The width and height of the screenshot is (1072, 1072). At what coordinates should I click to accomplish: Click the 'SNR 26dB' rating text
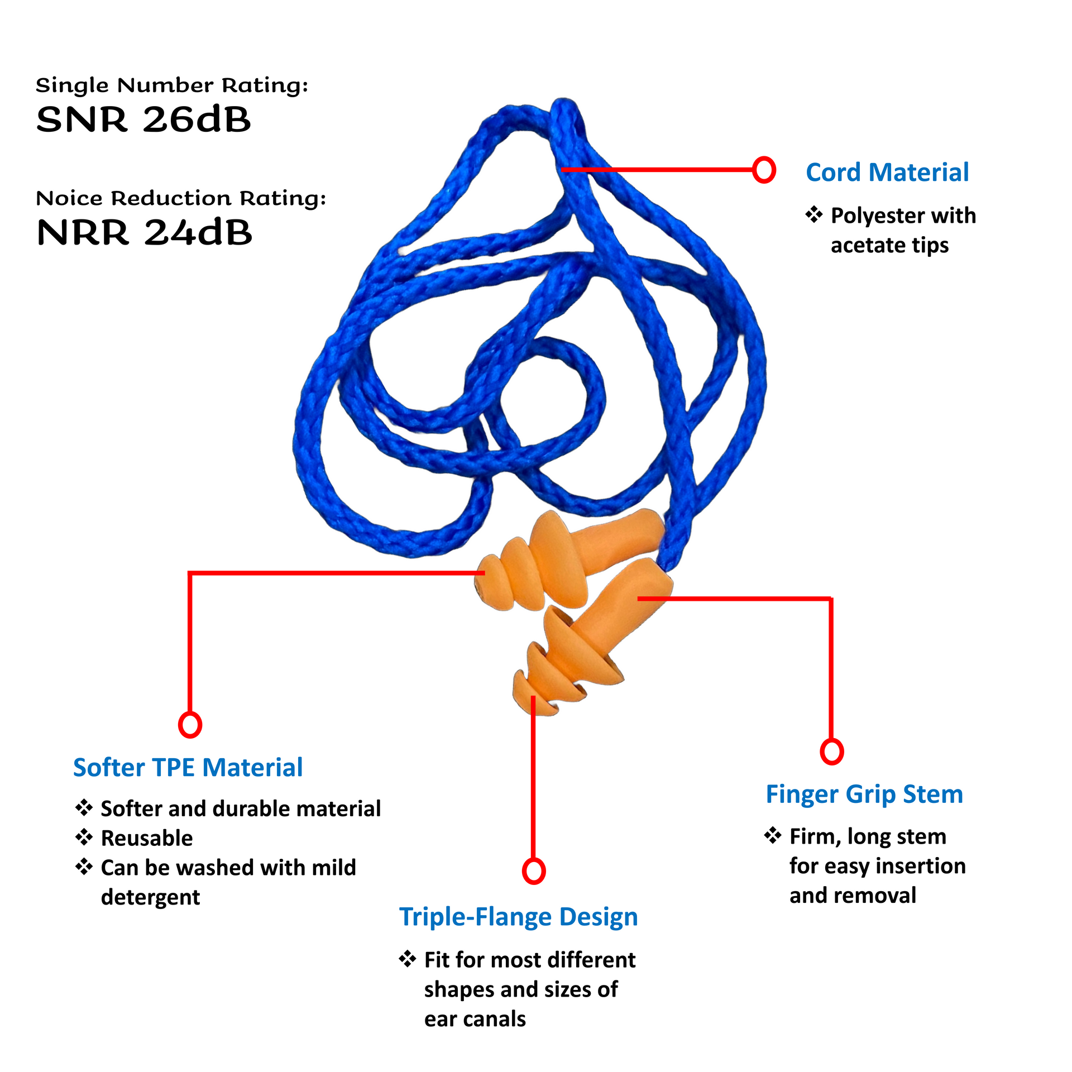pos(143,119)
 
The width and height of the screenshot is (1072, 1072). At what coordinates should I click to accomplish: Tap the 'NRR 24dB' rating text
pos(144,232)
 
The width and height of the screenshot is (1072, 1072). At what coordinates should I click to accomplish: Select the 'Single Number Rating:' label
pos(172,85)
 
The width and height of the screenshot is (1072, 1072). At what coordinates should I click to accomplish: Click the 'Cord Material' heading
pos(887,173)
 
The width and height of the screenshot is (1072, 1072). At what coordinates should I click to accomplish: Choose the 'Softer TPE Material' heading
pos(188,768)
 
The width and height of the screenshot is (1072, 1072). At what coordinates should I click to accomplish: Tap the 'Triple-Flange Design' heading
pos(518,917)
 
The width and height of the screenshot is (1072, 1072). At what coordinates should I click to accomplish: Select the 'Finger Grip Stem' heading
pos(864,795)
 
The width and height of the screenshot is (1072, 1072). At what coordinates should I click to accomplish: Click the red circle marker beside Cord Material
pos(764,169)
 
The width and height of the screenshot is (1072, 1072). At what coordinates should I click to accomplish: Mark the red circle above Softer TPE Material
pos(190,725)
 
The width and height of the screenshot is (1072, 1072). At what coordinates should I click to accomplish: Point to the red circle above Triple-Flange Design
pos(534,871)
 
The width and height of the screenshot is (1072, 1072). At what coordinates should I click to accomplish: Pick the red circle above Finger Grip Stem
pos(831,752)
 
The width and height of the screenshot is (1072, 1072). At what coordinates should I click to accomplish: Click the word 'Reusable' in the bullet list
pos(147,838)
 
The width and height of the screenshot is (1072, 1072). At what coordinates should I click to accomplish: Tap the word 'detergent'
pos(150,897)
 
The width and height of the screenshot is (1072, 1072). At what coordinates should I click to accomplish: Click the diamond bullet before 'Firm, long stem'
pos(773,835)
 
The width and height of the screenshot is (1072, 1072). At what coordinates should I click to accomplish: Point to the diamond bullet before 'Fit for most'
pos(408,959)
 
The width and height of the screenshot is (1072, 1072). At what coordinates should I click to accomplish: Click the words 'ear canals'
pos(475,1019)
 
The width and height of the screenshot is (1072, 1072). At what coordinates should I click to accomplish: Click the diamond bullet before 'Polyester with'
pos(814,214)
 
